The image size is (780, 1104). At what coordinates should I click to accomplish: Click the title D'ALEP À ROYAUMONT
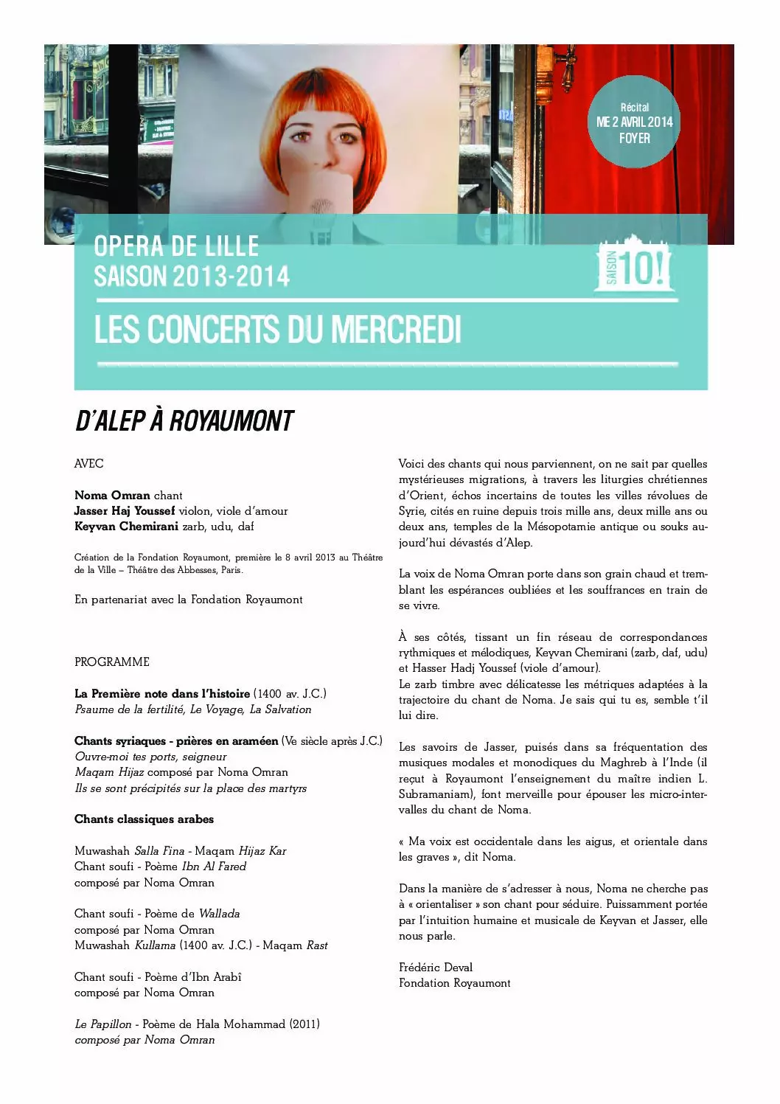pos(184,421)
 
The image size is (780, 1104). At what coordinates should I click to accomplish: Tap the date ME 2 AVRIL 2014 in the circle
pos(634,122)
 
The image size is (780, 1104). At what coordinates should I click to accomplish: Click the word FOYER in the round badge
pos(634,138)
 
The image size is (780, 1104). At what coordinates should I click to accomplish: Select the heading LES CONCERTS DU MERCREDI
pos(277,330)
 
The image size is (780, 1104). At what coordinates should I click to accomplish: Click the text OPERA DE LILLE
pos(176,246)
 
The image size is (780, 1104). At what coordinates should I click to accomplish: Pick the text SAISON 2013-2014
pos(192,277)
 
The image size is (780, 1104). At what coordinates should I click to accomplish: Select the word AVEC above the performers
pos(89,464)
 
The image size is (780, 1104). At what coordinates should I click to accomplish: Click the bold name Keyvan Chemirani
pos(126,527)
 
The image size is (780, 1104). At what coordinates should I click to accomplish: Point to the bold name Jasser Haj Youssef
pos(125,511)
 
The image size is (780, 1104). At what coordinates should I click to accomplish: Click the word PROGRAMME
pos(112,662)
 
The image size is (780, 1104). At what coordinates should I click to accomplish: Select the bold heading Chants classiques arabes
pos(144,819)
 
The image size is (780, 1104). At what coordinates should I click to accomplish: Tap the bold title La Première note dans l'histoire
pos(162,694)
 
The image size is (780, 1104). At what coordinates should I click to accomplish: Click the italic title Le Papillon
pos(103,1024)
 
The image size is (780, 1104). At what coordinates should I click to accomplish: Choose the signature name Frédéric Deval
pos(436,968)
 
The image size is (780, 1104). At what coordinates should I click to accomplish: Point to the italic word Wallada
pos(220,914)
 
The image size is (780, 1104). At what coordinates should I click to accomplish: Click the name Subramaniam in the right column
pos(436,794)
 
